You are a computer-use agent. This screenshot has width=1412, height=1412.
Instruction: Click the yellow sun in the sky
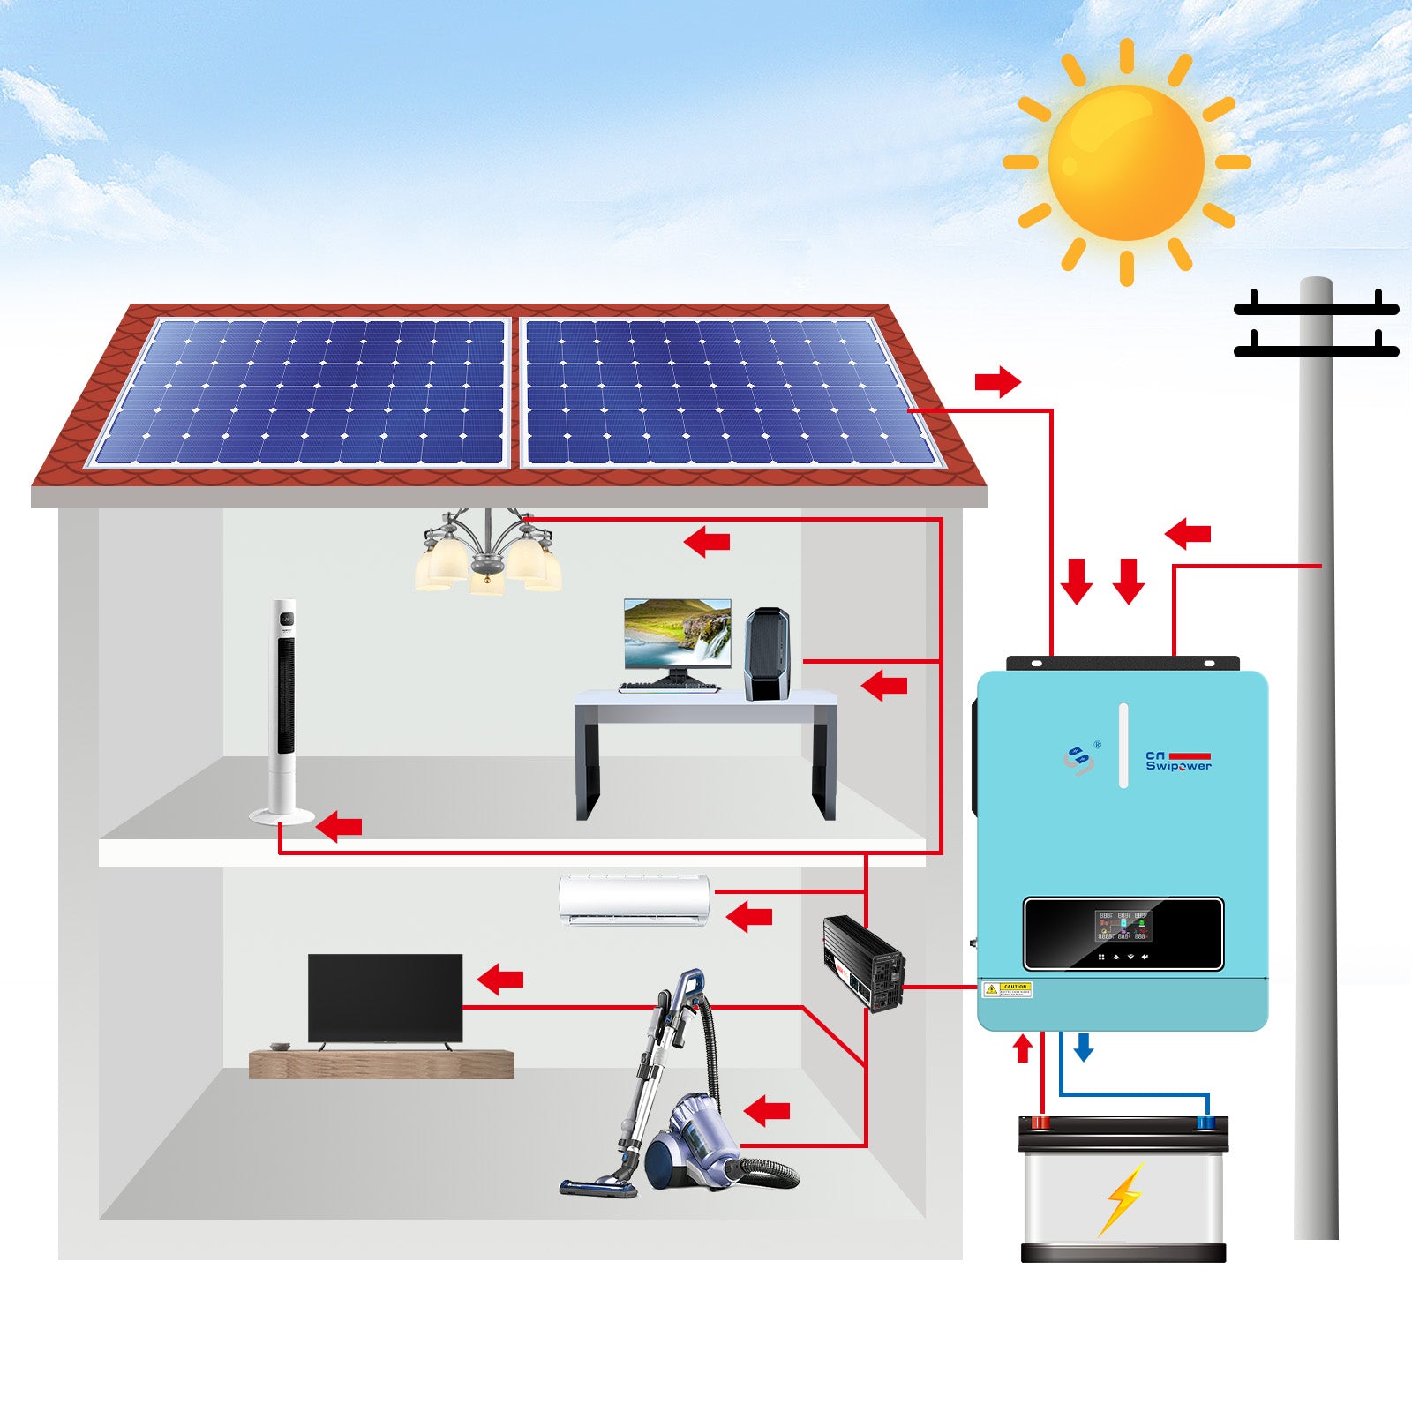(1126, 162)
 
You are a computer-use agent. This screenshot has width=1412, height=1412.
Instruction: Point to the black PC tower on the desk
(766, 654)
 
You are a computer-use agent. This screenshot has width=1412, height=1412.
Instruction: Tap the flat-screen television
(385, 997)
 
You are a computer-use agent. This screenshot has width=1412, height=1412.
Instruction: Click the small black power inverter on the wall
(863, 963)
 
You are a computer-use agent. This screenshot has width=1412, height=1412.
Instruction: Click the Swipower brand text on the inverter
(1178, 765)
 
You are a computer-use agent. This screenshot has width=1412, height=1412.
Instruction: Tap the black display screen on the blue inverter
(1123, 933)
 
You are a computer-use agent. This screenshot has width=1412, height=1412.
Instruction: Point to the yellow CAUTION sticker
(1007, 989)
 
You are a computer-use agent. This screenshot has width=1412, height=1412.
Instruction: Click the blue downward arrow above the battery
(1084, 1048)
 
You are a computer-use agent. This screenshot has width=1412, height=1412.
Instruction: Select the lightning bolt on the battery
(1123, 1198)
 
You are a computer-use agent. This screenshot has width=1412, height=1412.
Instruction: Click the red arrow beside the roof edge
(997, 382)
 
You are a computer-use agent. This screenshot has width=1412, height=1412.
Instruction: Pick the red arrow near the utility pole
(1188, 533)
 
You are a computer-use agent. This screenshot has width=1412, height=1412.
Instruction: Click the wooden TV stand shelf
(381, 1064)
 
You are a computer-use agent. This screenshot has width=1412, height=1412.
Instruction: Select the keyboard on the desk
(668, 687)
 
